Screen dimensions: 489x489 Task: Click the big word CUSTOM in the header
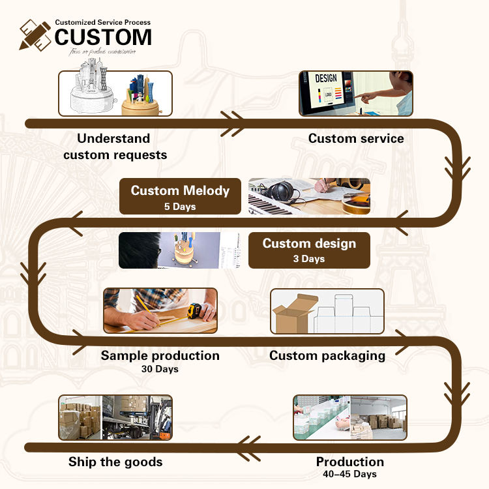[103, 37]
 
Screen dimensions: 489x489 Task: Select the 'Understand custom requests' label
[115, 147]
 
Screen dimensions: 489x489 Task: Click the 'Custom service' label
[356, 138]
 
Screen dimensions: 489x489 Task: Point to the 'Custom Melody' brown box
[180, 196]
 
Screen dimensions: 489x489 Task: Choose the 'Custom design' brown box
[309, 250]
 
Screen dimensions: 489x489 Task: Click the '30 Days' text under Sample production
[160, 369]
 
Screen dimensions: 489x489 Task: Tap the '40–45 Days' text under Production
[350, 474]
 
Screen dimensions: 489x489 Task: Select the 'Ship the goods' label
[115, 462]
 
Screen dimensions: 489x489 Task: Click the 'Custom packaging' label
[327, 356]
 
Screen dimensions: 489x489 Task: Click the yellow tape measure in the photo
[194, 310]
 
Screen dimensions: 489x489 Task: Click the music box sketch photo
[115, 93]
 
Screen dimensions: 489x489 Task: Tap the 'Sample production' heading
[160, 355]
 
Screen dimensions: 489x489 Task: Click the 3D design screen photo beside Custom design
[180, 250]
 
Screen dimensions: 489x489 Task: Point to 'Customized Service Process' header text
[102, 22]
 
